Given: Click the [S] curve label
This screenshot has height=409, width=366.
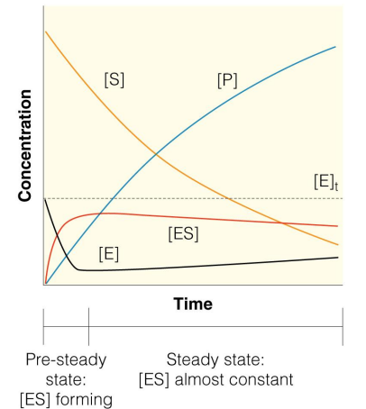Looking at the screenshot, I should pos(114,79).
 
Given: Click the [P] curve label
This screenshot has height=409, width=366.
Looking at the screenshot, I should pos(227,79).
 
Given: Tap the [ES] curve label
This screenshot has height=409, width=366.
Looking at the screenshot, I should pos(183,233).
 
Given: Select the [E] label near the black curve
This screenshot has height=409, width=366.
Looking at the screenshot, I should pos(108,253).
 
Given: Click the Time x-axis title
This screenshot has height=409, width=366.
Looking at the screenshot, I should pos(193,304).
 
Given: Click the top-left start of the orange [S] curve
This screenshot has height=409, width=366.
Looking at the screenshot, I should pos(45,32).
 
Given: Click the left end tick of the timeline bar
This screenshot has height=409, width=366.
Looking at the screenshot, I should pos(44,330).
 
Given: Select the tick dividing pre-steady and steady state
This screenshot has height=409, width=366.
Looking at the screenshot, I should pos(88,330).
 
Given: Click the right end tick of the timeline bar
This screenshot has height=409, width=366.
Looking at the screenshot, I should pos(343,330).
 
